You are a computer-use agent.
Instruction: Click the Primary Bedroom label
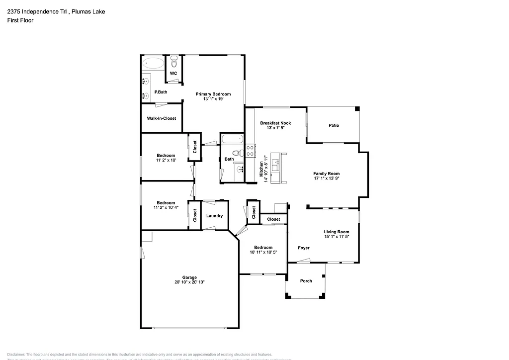(213, 94)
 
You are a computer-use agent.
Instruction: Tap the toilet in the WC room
(174, 63)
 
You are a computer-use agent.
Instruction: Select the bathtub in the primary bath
(153, 64)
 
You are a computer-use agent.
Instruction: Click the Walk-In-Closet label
(161, 118)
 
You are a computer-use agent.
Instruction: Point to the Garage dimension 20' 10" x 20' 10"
(189, 282)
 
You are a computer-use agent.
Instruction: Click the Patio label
(334, 125)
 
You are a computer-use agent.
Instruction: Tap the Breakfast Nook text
(275, 123)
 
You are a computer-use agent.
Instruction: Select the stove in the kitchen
(250, 150)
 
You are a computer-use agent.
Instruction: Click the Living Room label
(337, 232)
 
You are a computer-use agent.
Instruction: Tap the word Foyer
(303, 248)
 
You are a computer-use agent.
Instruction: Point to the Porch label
(306, 281)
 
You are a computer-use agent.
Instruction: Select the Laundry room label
(214, 216)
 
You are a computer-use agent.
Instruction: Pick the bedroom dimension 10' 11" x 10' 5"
(263, 252)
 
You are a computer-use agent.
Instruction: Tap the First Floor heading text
(20, 20)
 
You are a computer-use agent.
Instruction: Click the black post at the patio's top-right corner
(357, 109)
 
